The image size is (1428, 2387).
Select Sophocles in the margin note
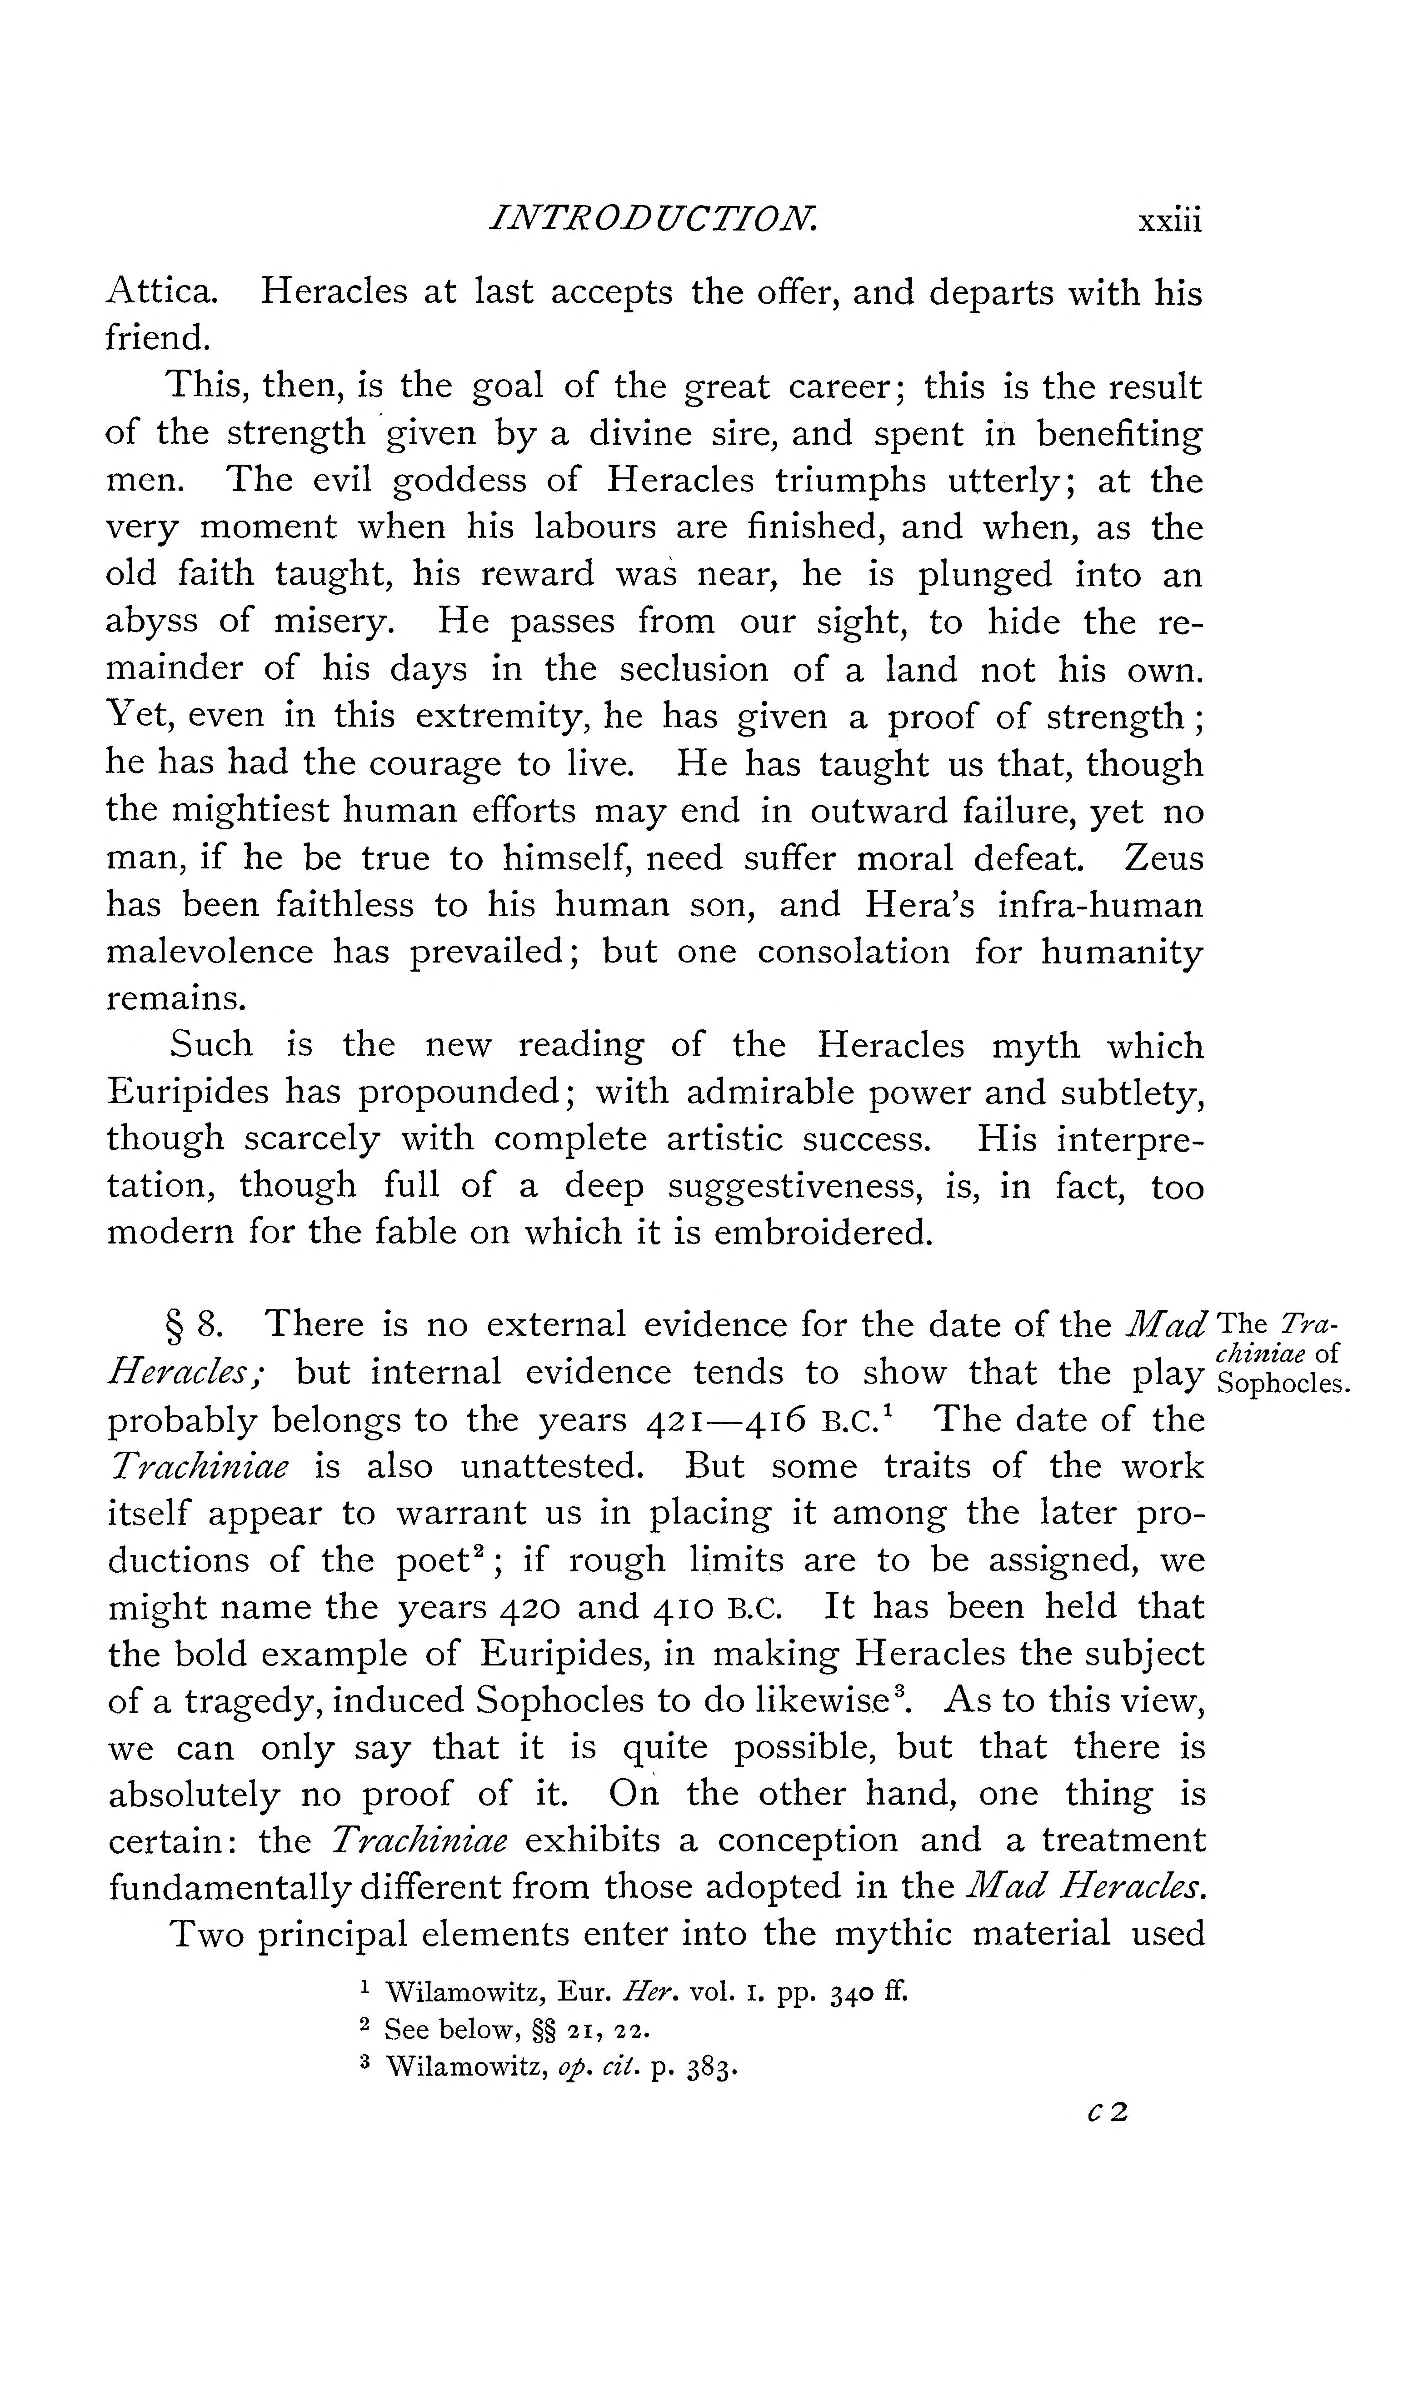coord(1285,1386)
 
